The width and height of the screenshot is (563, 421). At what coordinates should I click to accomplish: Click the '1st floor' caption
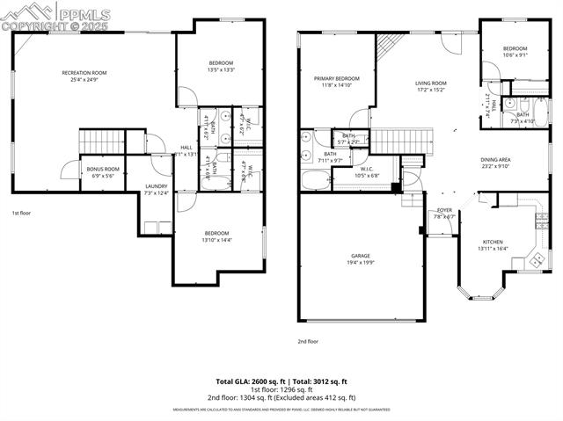pos(21,214)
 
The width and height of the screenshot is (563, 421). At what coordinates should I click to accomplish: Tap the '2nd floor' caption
pos(307,341)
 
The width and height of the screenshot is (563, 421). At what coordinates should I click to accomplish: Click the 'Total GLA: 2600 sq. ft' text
pos(252,381)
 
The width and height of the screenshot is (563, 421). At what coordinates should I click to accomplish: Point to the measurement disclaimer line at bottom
pos(281,410)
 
